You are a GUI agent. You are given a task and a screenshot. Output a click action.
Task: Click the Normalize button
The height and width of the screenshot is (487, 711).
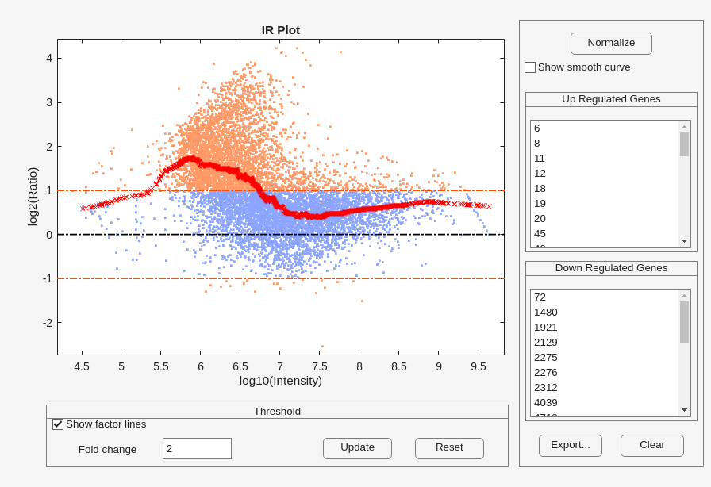click(611, 43)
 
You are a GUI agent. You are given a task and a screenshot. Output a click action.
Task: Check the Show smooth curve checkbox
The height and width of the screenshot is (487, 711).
click(530, 67)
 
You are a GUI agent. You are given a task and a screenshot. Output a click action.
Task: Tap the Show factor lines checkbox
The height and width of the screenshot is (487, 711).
click(58, 424)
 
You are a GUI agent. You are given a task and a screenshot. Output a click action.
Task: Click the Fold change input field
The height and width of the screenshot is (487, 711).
click(197, 448)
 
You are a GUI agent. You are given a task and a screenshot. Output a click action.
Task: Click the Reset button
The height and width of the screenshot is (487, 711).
click(449, 448)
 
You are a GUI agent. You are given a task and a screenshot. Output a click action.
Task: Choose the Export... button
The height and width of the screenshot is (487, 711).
click(570, 445)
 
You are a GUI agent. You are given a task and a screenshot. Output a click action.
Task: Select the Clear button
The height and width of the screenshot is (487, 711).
click(651, 445)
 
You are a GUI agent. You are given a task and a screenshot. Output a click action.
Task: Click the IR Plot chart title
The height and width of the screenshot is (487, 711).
click(281, 30)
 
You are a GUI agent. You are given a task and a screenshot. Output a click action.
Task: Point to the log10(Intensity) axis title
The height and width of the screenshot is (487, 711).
click(281, 381)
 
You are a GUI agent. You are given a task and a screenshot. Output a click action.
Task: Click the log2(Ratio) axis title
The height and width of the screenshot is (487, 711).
click(33, 197)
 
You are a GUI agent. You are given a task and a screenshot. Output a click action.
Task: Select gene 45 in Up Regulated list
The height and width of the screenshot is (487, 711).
click(540, 233)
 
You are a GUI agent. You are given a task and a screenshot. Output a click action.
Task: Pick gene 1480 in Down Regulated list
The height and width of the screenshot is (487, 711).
click(545, 312)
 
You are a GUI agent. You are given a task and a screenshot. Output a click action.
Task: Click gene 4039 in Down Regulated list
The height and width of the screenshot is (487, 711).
click(545, 402)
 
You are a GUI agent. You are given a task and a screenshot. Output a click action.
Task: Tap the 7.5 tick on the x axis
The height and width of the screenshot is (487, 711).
click(320, 366)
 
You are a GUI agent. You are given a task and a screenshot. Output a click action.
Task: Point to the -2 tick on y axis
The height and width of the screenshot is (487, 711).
click(48, 323)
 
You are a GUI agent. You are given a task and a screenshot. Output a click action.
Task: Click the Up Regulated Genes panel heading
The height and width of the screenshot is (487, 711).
click(611, 99)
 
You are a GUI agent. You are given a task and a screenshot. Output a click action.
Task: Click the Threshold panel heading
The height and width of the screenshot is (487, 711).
click(277, 412)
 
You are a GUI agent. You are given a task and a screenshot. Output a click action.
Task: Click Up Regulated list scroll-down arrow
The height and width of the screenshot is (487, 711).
click(684, 241)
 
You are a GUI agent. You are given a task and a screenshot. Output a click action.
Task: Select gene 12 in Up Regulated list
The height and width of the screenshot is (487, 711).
click(540, 173)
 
